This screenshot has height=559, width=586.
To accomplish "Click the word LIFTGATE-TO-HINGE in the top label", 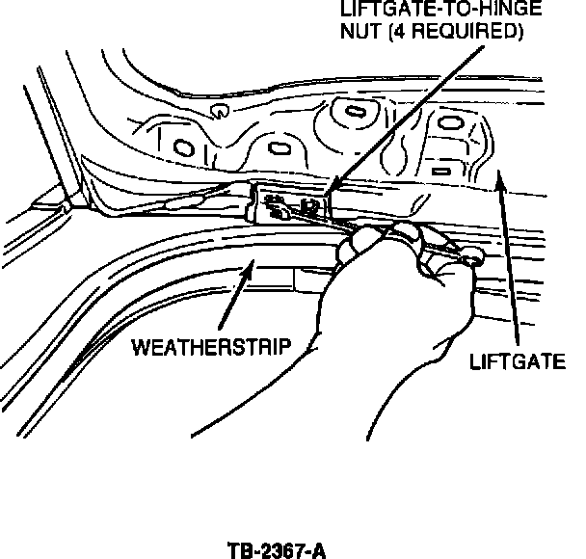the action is (x=441, y=9).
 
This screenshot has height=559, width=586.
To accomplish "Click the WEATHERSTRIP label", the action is (x=211, y=347).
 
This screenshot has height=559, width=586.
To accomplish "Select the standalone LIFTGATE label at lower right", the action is (x=518, y=361).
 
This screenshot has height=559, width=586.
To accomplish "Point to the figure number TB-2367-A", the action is (x=277, y=550).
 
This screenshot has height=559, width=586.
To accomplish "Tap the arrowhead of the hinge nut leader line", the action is (x=332, y=186).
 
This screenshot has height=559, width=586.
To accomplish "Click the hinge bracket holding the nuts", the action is (x=290, y=203).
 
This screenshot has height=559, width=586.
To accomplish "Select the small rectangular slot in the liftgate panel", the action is (x=441, y=172).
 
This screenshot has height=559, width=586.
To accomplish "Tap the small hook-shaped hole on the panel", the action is (x=220, y=111).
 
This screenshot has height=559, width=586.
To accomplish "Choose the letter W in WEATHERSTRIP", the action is (x=141, y=347).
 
